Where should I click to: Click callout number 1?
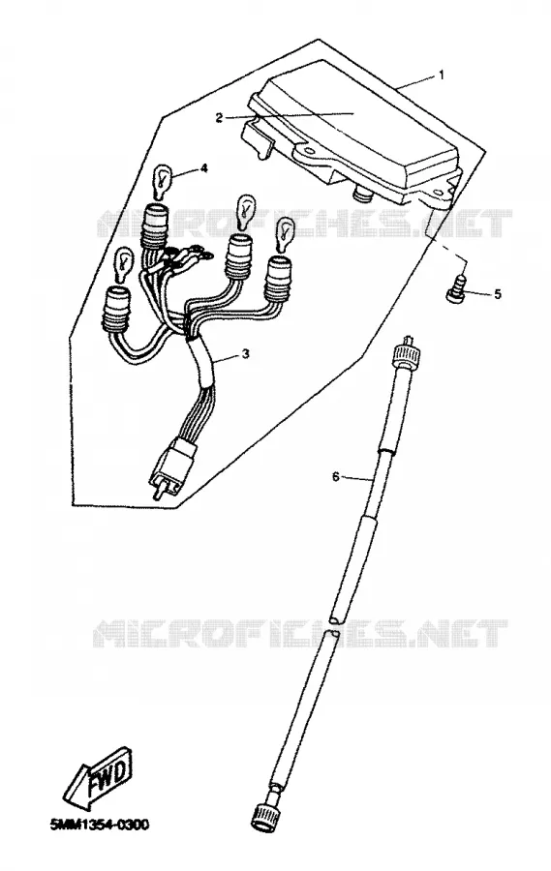coord(442,75)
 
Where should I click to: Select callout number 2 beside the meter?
coord(219,118)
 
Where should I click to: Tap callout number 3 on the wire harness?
coord(246,354)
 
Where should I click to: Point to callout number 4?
coord(204,167)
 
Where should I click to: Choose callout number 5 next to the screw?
coord(497,294)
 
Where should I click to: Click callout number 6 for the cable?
coord(335,476)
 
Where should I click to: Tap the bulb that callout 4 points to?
coord(162,183)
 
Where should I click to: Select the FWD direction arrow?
coord(99,778)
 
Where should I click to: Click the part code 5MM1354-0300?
coord(100,825)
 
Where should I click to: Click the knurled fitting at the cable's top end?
coord(406,351)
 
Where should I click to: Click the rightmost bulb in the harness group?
coord(286,235)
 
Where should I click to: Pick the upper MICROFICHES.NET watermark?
coord(305,224)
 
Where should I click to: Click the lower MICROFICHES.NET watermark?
coord(300,634)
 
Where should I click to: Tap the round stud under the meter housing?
coord(363,194)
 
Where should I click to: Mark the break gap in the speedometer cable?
coord(335,626)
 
